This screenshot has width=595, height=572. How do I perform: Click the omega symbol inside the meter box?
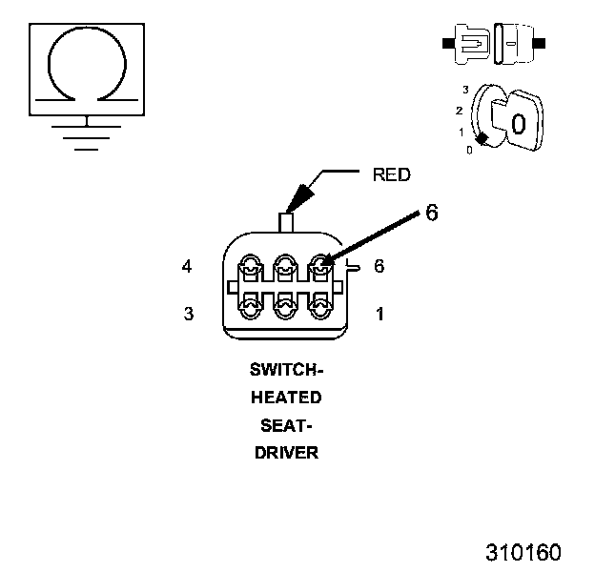(x=88, y=29)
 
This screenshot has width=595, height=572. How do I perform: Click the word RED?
(x=392, y=174)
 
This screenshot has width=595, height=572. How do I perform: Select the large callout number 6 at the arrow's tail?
(x=432, y=212)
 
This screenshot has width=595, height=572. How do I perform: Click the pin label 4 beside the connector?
(x=187, y=266)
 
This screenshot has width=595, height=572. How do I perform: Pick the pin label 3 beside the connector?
(x=189, y=314)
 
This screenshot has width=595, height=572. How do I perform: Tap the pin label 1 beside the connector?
(x=380, y=314)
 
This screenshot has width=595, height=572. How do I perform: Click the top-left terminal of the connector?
(x=250, y=268)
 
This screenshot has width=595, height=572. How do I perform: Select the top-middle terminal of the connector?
(x=285, y=268)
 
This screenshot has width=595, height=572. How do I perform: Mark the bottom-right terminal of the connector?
(x=320, y=306)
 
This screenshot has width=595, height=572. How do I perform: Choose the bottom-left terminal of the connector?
(x=250, y=306)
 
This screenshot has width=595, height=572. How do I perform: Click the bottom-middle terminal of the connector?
(x=285, y=306)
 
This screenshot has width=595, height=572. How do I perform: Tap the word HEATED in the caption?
(x=286, y=398)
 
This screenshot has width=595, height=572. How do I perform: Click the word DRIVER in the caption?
(x=286, y=453)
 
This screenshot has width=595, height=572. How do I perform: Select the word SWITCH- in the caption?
(x=286, y=370)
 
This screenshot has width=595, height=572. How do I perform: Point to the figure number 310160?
(x=523, y=552)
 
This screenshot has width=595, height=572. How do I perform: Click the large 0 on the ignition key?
(x=519, y=124)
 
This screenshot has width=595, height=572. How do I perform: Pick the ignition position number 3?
(x=465, y=90)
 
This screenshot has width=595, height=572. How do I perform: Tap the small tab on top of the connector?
(x=286, y=223)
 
